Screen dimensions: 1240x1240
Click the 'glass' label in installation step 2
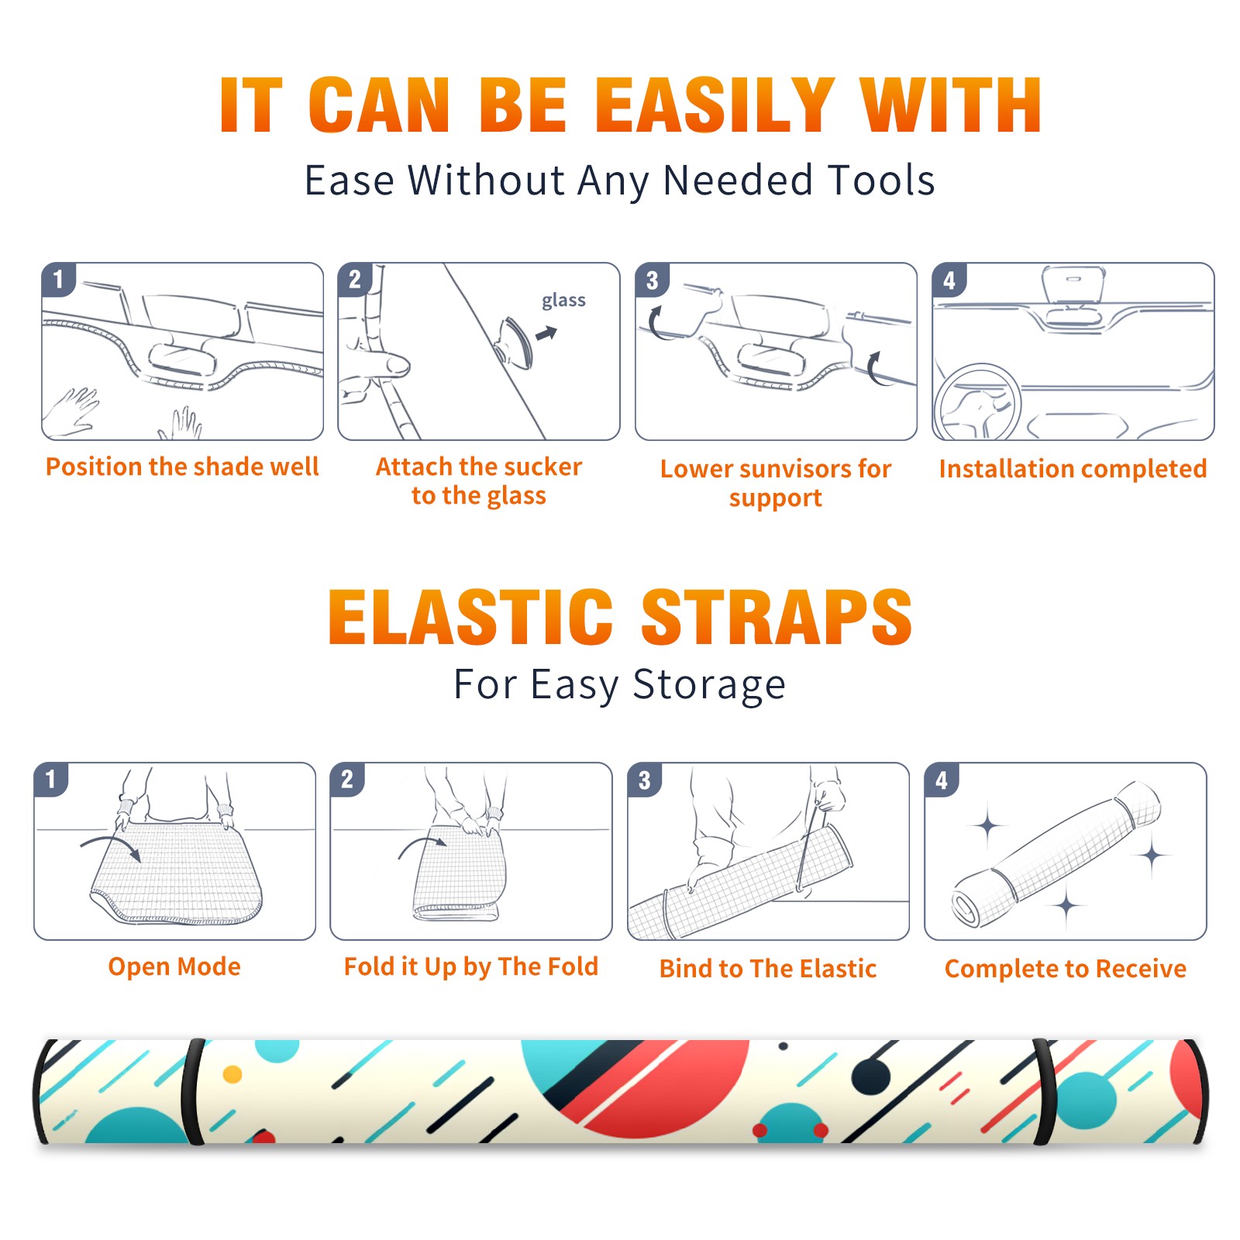[x=563, y=301]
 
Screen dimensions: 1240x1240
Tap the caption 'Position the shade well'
[x=182, y=467]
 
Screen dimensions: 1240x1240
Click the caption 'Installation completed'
[x=1073, y=469]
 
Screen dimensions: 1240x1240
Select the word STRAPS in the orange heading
[x=777, y=617]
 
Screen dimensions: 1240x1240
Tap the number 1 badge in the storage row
[x=51, y=780]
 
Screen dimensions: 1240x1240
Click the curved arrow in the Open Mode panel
[x=111, y=846]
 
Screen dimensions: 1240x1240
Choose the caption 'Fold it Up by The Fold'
[x=470, y=966]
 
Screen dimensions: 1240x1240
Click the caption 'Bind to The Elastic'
[x=767, y=969]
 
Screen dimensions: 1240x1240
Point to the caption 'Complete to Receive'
[x=1065, y=969]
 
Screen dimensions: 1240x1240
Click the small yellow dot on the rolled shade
[x=232, y=1074]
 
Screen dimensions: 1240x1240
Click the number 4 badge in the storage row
[x=942, y=780]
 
